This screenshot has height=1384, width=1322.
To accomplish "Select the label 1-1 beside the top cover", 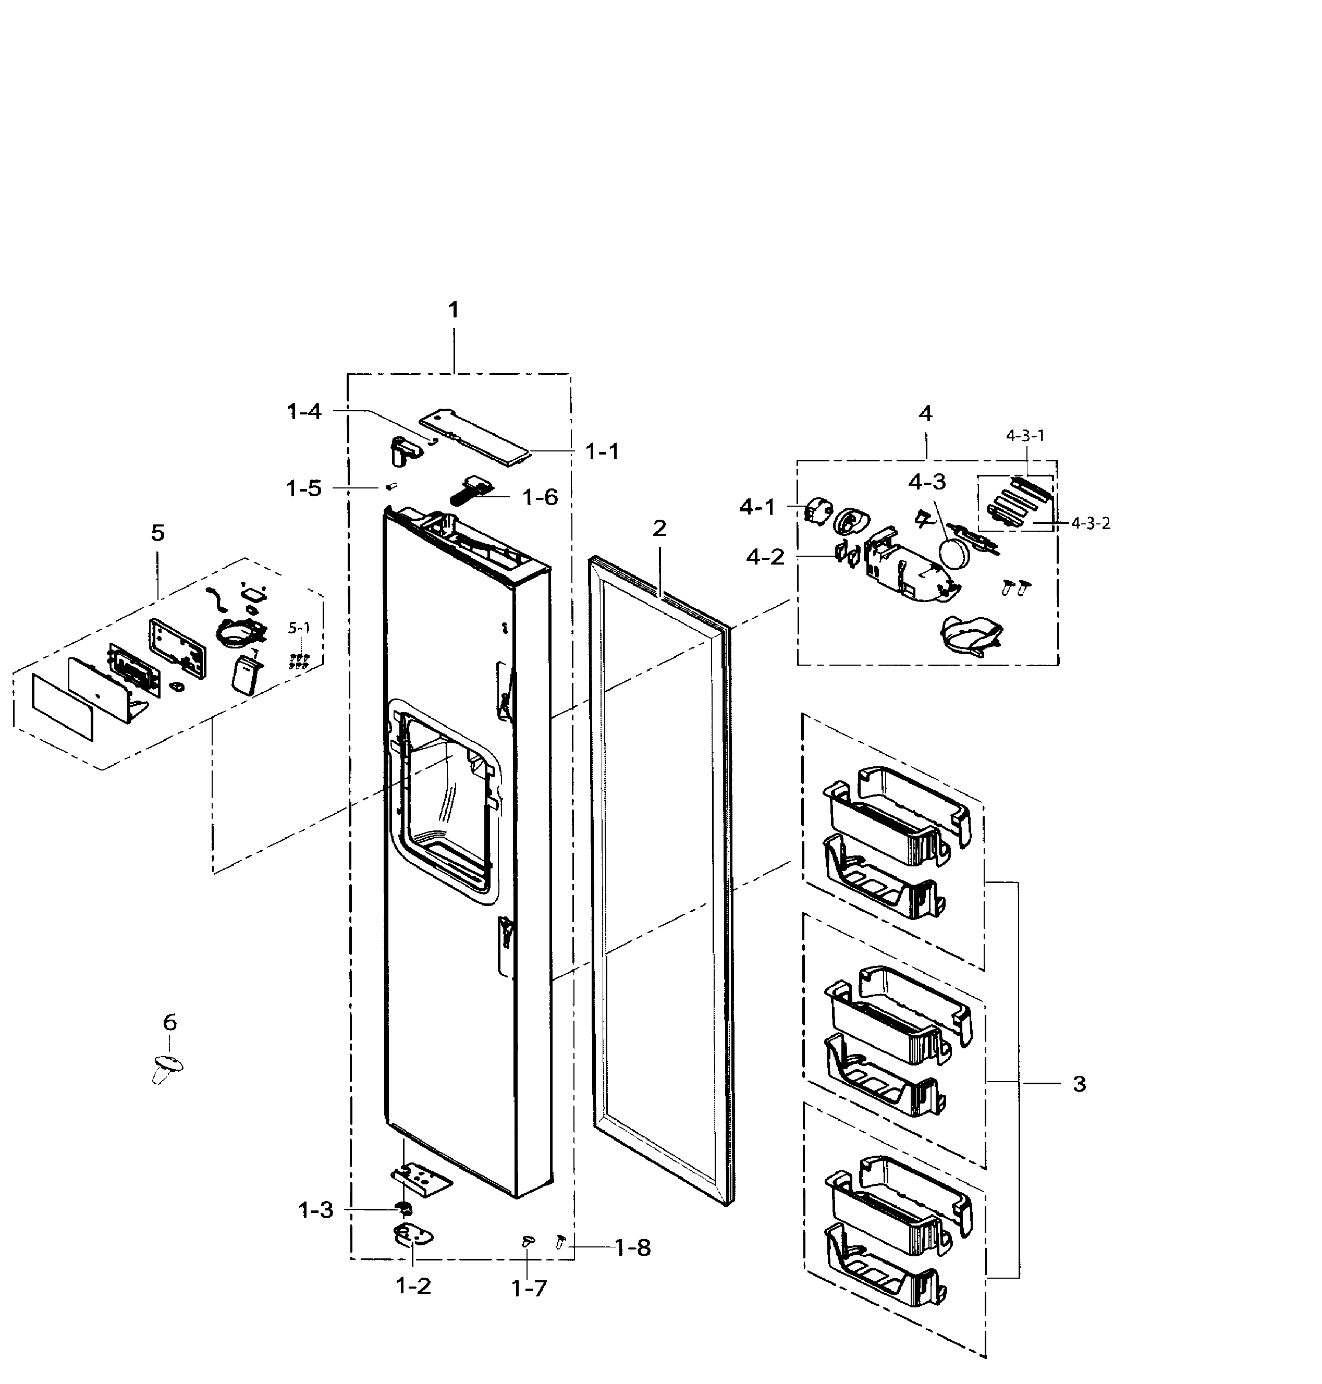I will pos(603,452).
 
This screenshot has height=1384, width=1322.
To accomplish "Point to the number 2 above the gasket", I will pos(659,528).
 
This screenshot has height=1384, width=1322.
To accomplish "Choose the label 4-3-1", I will pos(1025,435).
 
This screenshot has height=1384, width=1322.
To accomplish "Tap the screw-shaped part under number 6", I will pos(166,1068).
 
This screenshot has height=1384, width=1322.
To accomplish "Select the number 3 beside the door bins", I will pos(1080,1084).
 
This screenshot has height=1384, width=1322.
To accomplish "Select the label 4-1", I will pos(757,507).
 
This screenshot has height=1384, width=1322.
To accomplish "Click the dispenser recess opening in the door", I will pos(444,797).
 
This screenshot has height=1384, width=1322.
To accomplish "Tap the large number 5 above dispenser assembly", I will pos(158,533).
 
